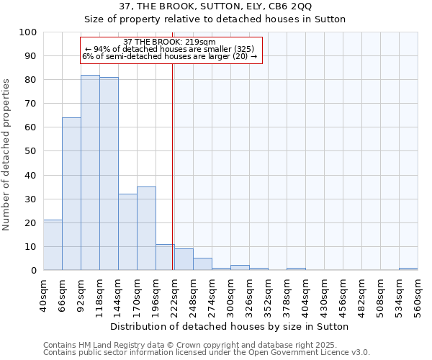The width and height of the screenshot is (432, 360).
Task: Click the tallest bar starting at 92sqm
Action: click(x=90, y=173)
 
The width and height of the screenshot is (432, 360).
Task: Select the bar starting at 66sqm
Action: click(x=71, y=194)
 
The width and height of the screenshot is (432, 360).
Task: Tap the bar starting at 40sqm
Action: click(x=53, y=245)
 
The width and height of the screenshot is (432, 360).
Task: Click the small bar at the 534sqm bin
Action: click(x=408, y=269)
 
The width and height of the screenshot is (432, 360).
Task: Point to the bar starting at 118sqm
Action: click(x=109, y=174)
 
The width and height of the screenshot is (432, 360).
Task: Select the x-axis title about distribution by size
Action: click(x=230, y=326)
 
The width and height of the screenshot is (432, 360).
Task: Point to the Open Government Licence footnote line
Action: click(x=207, y=352)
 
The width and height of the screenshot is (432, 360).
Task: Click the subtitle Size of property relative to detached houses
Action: click(x=215, y=19)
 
